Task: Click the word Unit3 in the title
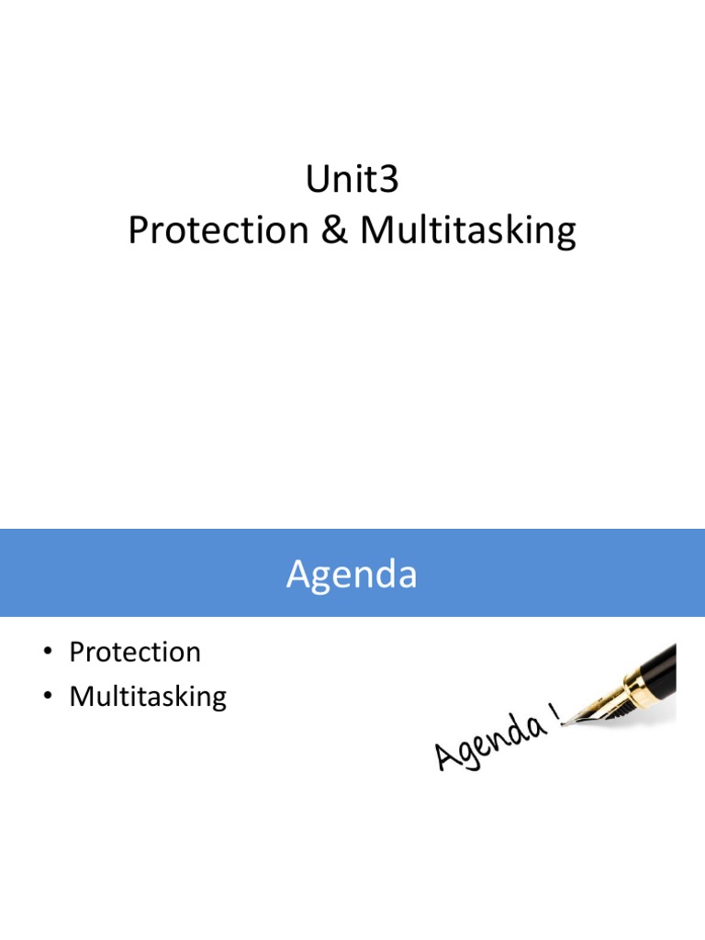352,180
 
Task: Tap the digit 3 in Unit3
389,180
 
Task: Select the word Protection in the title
218,231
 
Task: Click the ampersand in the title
334,231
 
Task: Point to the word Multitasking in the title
468,231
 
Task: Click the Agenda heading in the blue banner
352,575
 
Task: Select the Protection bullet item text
135,653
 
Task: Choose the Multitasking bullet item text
148,697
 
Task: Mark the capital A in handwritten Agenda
448,758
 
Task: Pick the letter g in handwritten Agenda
472,755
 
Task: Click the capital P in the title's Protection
139,231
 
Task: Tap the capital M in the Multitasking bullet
80,697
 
